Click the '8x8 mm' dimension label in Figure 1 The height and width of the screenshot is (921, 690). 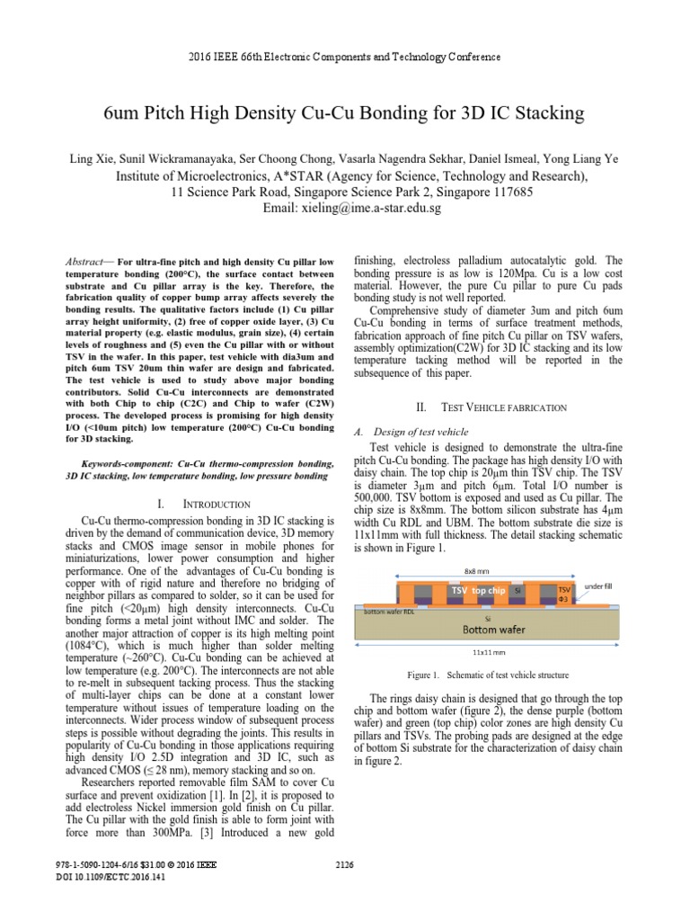(476, 569)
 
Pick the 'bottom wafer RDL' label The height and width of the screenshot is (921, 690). (388, 611)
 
